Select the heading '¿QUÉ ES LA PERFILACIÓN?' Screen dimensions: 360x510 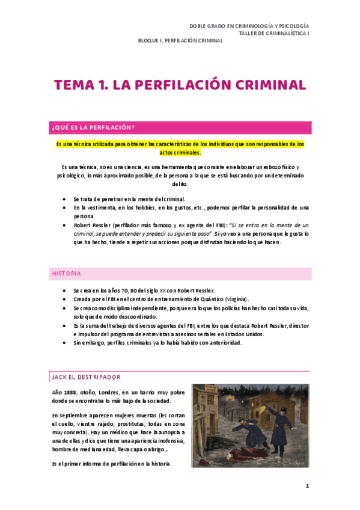[93, 127]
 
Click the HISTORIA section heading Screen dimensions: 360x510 [66, 274]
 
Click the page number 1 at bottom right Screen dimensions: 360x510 [307, 485]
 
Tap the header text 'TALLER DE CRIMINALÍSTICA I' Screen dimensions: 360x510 [273, 34]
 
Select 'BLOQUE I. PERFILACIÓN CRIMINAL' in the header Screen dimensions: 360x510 [180, 41]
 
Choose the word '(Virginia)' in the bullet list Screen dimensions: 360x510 [237, 299]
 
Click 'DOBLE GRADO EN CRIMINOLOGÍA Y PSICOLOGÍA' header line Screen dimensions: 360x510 [249, 26]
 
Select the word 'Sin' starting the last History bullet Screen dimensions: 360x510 [78, 342]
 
